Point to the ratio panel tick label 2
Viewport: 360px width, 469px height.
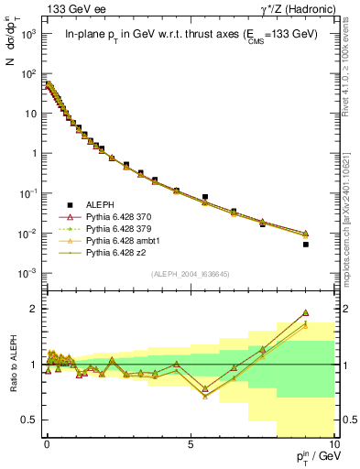pos(34,309)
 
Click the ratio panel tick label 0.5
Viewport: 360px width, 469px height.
pos(29,420)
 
